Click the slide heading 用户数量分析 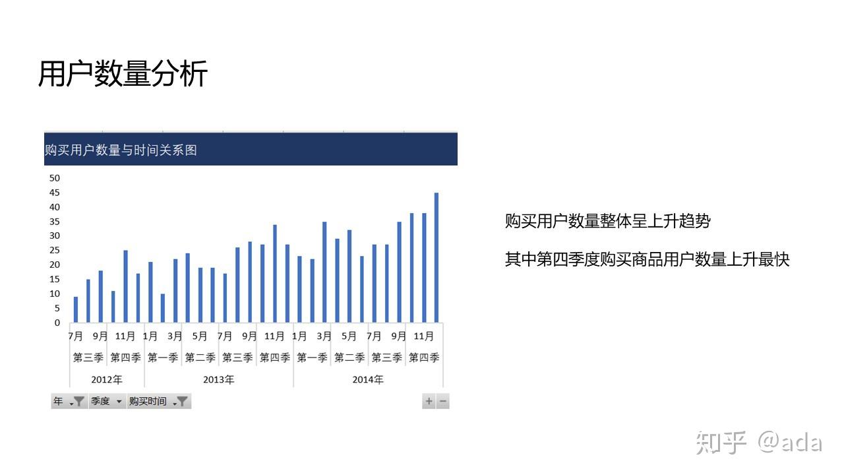(x=123, y=73)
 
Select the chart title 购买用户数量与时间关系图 (x=121, y=150)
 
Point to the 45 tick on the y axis (x=55, y=193)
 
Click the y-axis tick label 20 (x=55, y=265)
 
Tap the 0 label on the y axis (x=57, y=323)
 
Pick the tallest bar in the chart (x=437, y=257)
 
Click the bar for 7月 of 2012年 (x=76, y=309)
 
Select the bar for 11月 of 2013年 (x=275, y=273)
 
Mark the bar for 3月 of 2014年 (x=324, y=272)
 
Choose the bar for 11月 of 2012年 (x=125, y=286)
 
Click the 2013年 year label (x=218, y=379)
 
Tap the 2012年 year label (x=107, y=379)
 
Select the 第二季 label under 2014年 (x=349, y=358)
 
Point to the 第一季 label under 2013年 (x=163, y=358)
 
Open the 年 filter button (x=69, y=401)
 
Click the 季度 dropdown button (x=107, y=401)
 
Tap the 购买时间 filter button (x=159, y=401)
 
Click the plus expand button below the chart (x=429, y=401)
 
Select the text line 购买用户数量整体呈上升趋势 (x=608, y=221)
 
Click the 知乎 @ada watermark (x=759, y=443)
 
